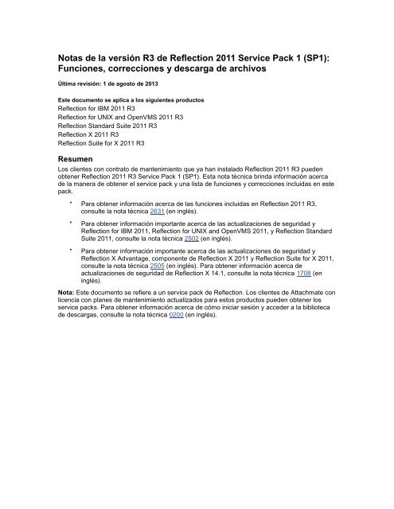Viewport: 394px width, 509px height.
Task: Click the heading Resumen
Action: click(77, 160)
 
